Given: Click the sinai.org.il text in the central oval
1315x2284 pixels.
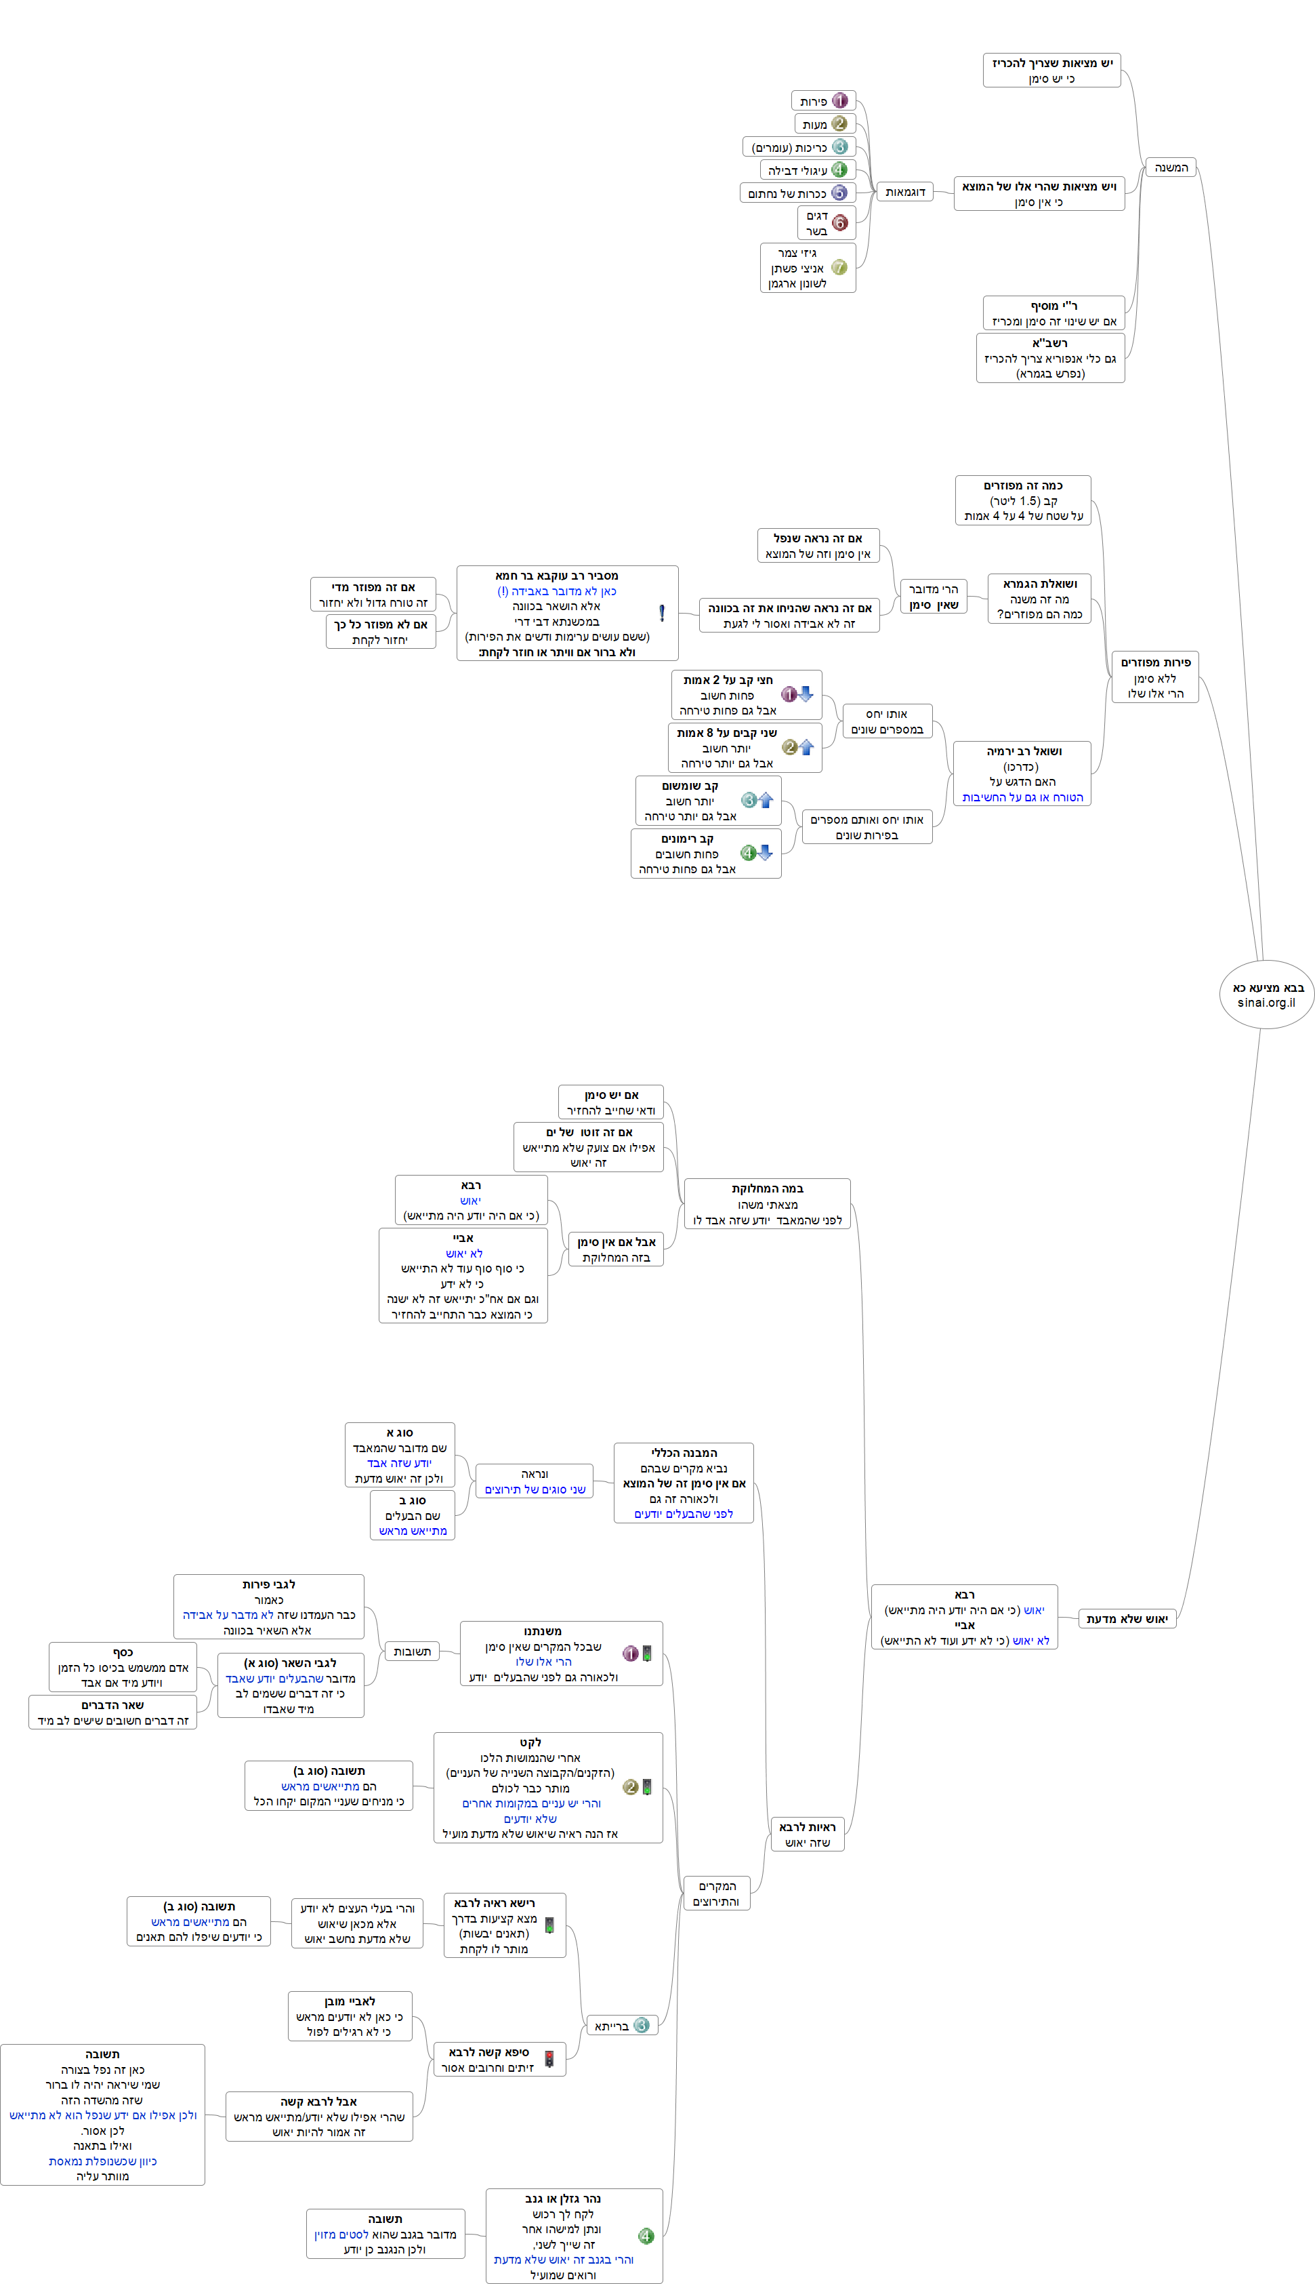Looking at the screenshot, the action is click(x=1266, y=1002).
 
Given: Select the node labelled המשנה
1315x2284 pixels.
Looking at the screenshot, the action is click(x=1171, y=167).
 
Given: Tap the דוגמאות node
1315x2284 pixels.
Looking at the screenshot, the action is click(x=905, y=192).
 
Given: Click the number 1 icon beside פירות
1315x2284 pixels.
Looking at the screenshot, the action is click(x=840, y=100).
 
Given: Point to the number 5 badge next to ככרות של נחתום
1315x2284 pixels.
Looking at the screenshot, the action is click(x=839, y=193).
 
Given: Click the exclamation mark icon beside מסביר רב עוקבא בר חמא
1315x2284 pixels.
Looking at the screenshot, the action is click(x=662, y=613).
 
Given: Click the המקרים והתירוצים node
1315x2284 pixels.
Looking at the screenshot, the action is click(x=716, y=1893).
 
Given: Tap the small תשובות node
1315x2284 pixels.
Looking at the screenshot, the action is click(x=412, y=1651).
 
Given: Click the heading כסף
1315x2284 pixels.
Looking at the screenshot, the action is click(x=123, y=1651).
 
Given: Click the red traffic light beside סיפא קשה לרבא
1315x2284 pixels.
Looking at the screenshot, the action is click(x=549, y=2058).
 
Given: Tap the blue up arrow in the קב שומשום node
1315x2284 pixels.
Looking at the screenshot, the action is click(x=766, y=799).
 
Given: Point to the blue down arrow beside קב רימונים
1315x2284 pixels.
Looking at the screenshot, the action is click(x=765, y=852).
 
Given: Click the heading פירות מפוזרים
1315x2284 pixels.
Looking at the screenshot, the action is click(x=1155, y=662).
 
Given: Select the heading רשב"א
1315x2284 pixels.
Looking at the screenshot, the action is click(x=1049, y=343).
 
